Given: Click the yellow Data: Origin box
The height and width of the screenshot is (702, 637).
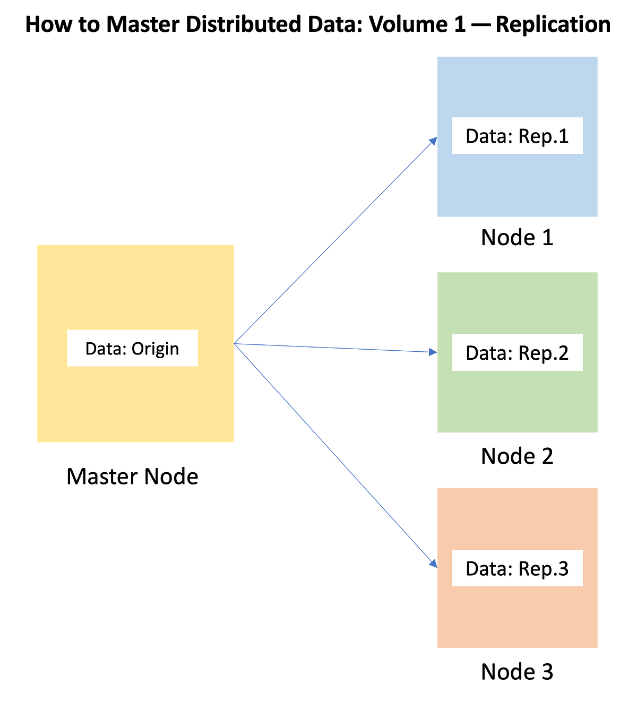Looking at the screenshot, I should click(135, 403).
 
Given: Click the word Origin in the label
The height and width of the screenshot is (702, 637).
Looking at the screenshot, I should click(155, 349).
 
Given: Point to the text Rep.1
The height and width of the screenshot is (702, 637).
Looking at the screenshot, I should click(543, 136).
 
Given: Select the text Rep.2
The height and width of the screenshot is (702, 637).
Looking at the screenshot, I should click(543, 353).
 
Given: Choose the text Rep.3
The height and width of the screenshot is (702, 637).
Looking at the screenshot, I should click(543, 569).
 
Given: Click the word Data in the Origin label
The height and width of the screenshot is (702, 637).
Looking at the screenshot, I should click(106, 349).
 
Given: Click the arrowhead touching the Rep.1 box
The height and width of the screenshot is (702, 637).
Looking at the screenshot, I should click(433, 141).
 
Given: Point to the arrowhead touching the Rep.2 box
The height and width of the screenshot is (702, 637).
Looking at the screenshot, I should click(432, 351).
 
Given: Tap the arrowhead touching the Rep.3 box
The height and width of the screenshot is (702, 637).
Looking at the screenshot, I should click(433, 564).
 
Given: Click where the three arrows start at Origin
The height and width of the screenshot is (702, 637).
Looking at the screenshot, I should click(236, 344).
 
